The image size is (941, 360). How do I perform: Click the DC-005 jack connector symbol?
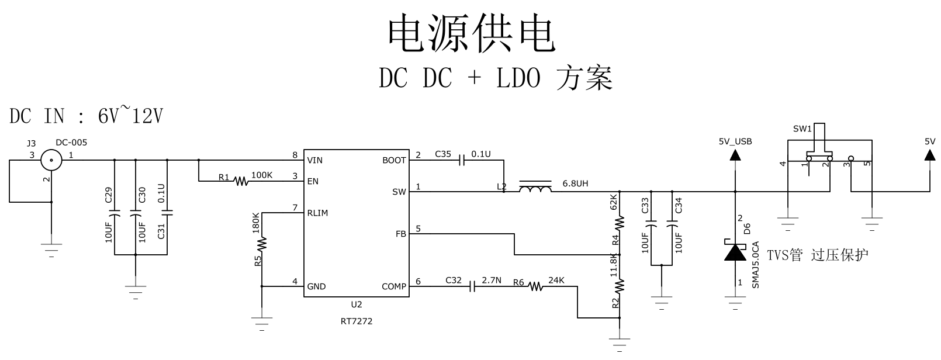pos(51,160)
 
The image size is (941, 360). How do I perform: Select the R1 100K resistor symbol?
pos(241,181)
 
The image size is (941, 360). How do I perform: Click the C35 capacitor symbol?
pos(462,160)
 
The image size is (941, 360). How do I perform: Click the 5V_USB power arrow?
pos(735,155)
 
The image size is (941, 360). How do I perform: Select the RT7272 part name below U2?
pos(357,321)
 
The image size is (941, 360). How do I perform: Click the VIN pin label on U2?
pos(314,160)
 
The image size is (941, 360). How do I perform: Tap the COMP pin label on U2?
pos(394,286)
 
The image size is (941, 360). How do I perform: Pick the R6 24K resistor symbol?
pos(536,286)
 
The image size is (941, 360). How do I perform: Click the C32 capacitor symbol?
pos(474,286)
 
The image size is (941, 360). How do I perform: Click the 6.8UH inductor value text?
pos(575,184)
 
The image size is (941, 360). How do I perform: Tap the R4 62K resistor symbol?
pos(620,222)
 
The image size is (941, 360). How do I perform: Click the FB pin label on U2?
pos(400,234)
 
